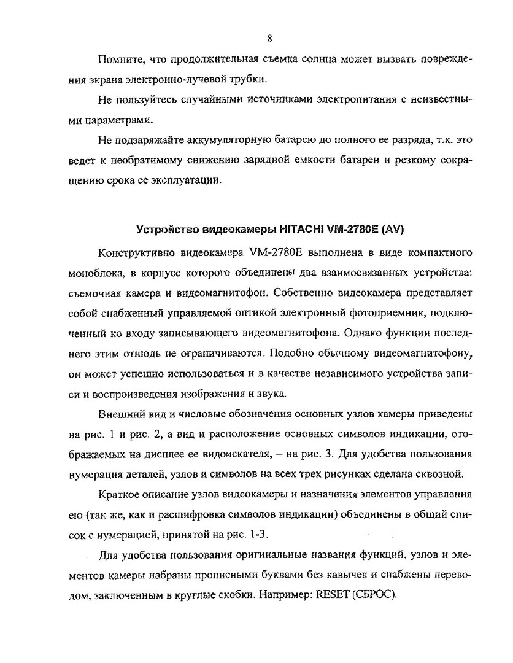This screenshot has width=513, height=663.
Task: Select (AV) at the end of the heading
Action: pyautogui.click(x=393, y=230)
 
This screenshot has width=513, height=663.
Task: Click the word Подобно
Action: pyautogui.click(x=291, y=353)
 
